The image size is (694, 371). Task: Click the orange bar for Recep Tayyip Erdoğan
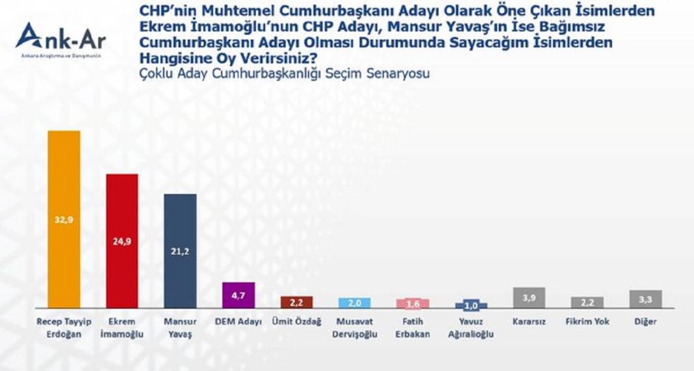pyautogui.click(x=64, y=195)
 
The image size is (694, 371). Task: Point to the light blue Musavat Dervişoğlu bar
pyautogui.click(x=355, y=303)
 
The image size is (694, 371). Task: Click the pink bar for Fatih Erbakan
pyautogui.click(x=413, y=304)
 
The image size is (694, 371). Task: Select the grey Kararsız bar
pyautogui.click(x=529, y=298)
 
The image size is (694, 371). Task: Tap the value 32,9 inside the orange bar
pyautogui.click(x=64, y=219)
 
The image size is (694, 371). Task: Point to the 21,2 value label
pyautogui.click(x=180, y=251)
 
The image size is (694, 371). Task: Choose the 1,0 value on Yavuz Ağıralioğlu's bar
pyautogui.click(x=471, y=305)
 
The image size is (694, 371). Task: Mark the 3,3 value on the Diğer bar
pyautogui.click(x=645, y=299)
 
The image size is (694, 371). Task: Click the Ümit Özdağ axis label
pyautogui.click(x=297, y=322)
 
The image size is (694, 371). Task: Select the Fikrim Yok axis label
pyautogui.click(x=587, y=322)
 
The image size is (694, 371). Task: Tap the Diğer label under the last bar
pyautogui.click(x=645, y=322)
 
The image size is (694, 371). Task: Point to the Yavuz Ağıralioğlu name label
pyautogui.click(x=471, y=328)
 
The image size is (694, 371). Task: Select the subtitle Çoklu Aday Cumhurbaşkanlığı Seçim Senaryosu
pyautogui.click(x=285, y=73)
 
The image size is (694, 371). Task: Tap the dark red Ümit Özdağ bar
pyautogui.click(x=297, y=302)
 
